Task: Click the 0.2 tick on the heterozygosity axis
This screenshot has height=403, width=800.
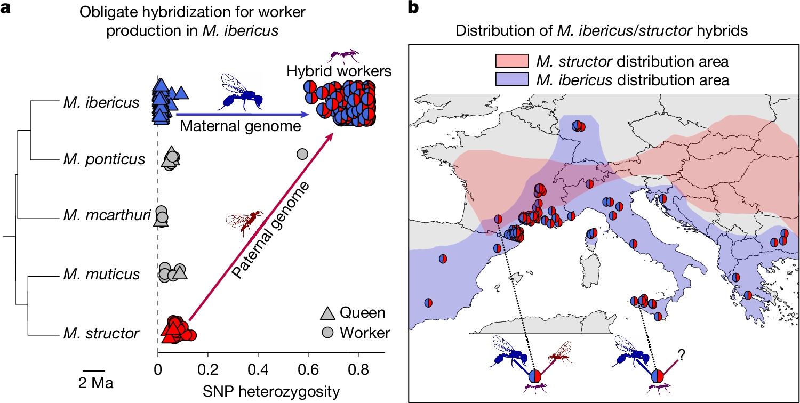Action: [x=207, y=368]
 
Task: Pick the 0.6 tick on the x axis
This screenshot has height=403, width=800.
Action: [x=308, y=368]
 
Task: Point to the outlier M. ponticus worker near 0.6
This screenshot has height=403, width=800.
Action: [x=302, y=154]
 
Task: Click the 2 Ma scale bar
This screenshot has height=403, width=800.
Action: [x=93, y=369]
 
